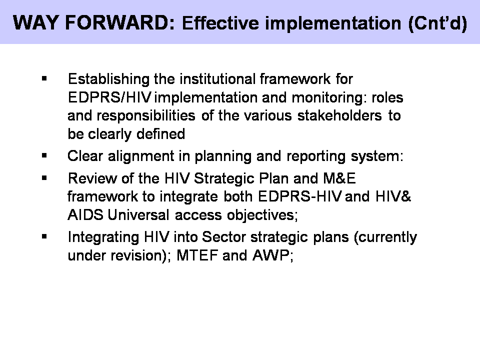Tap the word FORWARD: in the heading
[x=118, y=23]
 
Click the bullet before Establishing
[x=44, y=79]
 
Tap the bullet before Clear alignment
[x=44, y=155]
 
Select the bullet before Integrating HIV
[x=44, y=236]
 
